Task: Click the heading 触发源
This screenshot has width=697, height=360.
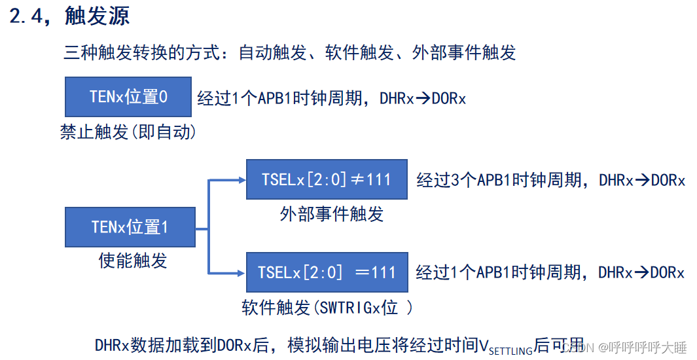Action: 98,16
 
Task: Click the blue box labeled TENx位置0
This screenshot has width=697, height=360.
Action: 128,97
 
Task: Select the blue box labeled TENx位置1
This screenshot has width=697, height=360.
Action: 130,227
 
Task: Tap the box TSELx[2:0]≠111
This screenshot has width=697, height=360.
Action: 326,179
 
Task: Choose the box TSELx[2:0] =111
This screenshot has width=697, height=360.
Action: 326,272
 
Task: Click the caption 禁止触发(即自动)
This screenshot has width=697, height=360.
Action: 128,132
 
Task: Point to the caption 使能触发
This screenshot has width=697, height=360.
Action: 133,261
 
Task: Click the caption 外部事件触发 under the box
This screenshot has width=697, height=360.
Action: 331,213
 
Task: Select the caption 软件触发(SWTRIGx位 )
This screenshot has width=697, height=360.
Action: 327,307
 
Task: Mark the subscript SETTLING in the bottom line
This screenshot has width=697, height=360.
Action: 510,351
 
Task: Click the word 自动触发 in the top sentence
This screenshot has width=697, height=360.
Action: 273,52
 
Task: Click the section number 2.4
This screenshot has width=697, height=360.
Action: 30,17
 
